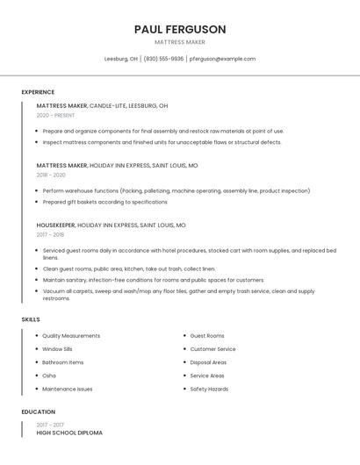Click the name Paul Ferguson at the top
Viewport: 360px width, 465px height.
point(180,29)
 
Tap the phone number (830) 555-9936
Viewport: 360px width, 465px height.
point(163,59)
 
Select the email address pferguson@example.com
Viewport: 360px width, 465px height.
point(222,59)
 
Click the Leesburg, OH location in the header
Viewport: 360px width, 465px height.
point(121,59)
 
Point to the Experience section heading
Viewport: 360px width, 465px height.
point(38,92)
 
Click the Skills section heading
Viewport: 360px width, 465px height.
point(31,319)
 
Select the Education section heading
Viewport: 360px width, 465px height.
point(39,411)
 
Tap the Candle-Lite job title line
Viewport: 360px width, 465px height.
point(102,105)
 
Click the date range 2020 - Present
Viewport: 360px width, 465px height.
point(55,116)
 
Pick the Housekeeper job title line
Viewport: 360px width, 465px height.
point(111,225)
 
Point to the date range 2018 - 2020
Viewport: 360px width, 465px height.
point(51,175)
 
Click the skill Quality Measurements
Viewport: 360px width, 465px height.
point(71,336)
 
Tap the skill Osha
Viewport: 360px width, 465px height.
point(49,376)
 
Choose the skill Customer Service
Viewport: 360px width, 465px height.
point(212,349)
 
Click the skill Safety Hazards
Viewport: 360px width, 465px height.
point(209,389)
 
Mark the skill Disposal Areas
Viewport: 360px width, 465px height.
point(208,362)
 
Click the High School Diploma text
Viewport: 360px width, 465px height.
point(69,433)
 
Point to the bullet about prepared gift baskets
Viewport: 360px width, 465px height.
point(104,202)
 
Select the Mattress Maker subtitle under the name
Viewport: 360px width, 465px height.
point(180,41)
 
